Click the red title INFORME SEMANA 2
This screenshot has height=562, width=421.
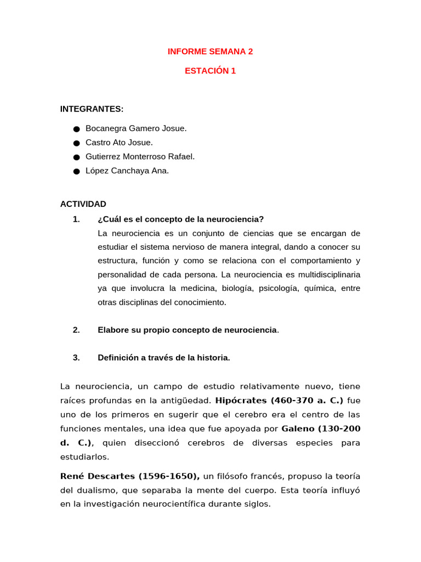point(210,52)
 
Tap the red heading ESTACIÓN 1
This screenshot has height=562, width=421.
point(210,71)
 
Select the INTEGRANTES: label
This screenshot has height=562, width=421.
point(92,109)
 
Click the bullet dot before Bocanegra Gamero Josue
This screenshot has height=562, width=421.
point(76,129)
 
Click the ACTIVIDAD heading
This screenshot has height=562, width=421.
point(83,204)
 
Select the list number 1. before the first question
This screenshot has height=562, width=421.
point(76,220)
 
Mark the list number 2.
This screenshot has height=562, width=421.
point(76,330)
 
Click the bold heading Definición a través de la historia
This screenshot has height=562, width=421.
point(163,358)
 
